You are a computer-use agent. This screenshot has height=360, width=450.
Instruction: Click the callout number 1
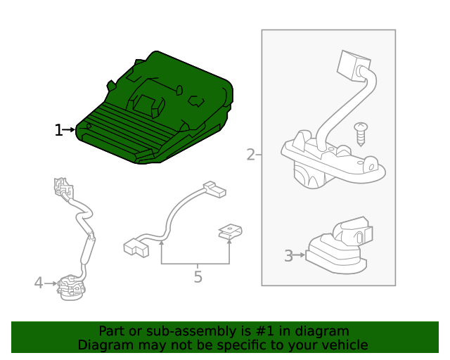58,130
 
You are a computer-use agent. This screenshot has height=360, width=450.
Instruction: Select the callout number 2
250,155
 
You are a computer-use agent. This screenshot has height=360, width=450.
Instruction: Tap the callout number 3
288,256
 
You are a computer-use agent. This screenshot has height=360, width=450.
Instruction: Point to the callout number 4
39,283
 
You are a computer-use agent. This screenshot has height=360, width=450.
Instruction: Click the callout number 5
198,277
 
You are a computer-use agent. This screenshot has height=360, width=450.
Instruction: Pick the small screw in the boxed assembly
361,133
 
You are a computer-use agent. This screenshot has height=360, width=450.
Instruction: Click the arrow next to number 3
300,255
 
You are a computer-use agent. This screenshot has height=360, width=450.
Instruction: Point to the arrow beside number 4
51,283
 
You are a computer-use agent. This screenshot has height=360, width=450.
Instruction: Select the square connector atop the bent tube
350,65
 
